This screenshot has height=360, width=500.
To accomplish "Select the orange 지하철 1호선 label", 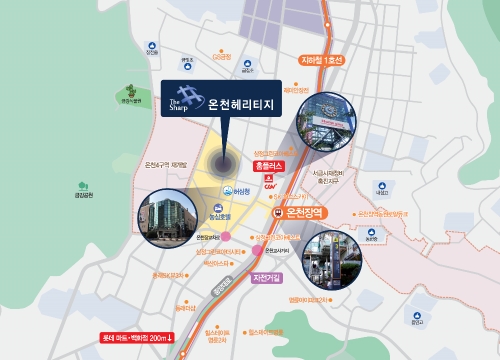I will [x=322, y=60].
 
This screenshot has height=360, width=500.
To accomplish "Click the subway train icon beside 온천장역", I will [x=278, y=213].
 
